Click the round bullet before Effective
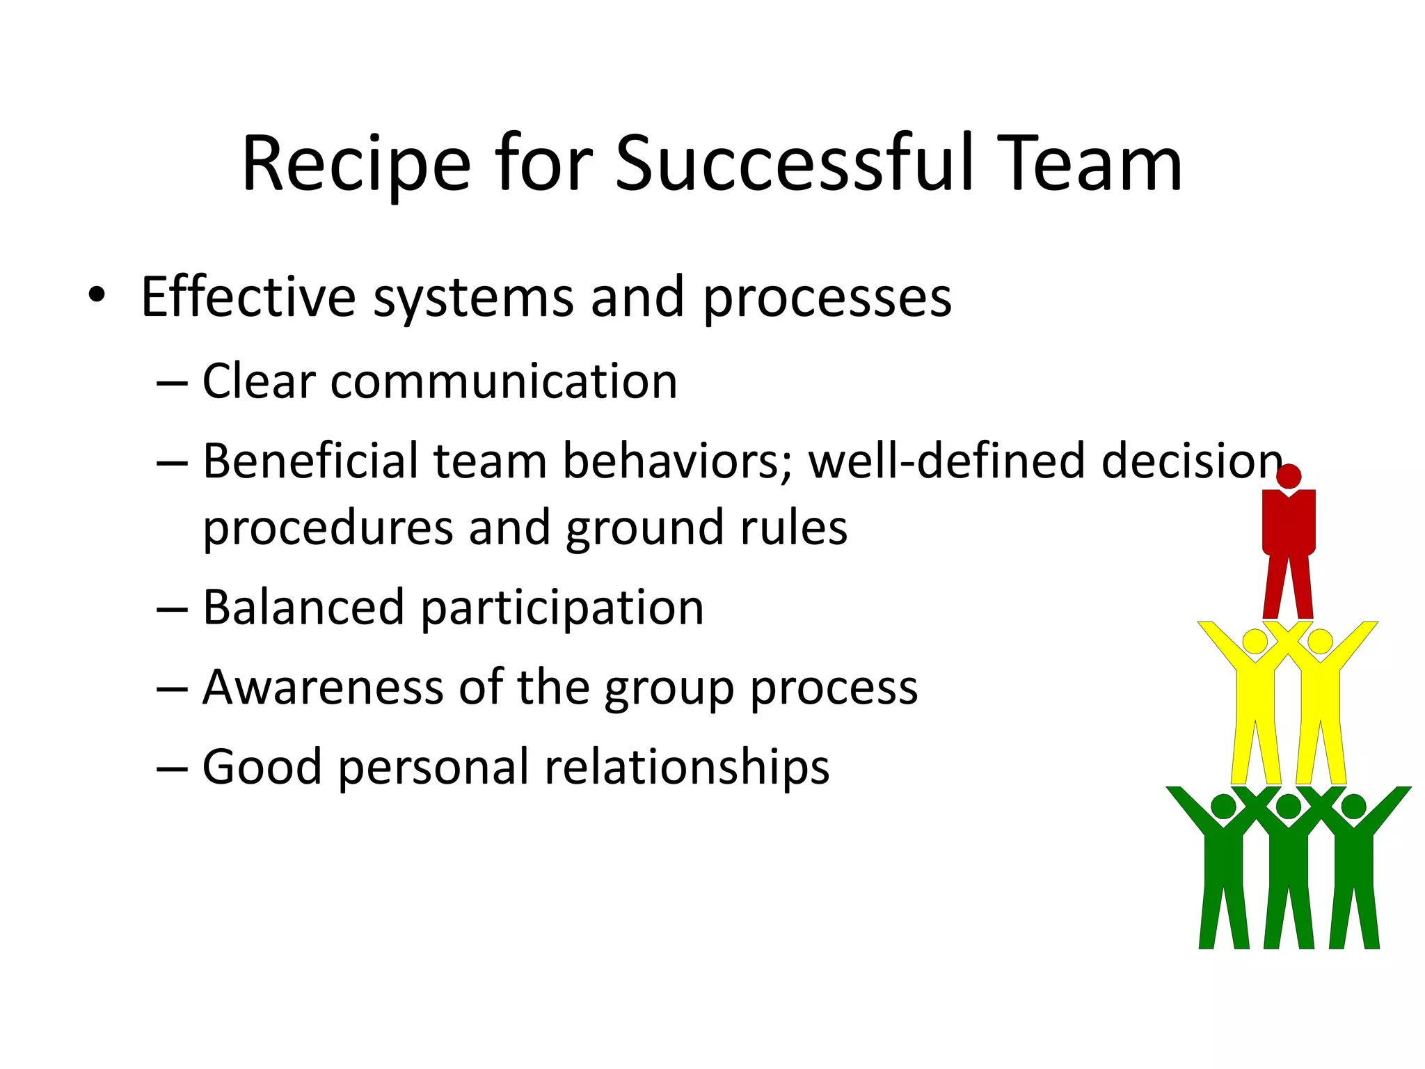coord(97,295)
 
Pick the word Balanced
coord(303,608)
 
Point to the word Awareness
coord(323,687)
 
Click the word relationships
coord(687,767)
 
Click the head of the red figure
coord(1289,477)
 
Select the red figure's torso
coord(1289,522)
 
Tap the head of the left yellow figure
coord(1255,641)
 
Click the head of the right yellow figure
coord(1320,641)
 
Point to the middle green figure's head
coord(1289,807)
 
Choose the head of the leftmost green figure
coord(1223,807)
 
